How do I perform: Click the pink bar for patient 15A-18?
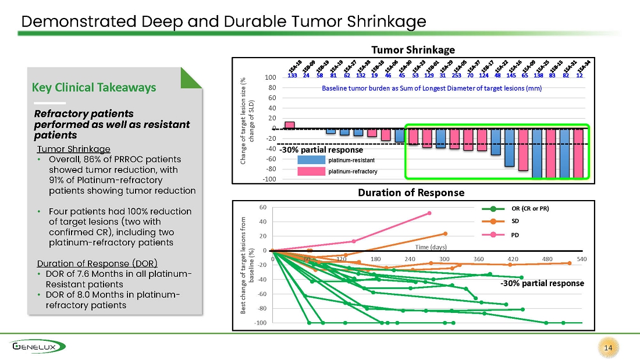pos(289,125)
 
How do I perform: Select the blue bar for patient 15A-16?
pos(510,147)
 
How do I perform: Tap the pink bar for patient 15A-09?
pos(523,149)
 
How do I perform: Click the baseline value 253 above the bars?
pos(456,75)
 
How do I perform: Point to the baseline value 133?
pos(292,75)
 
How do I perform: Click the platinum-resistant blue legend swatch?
pos(311,160)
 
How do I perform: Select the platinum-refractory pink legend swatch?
pos(311,172)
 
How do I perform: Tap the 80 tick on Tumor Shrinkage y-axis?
pos(272,87)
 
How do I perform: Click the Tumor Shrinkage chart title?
pos(413,50)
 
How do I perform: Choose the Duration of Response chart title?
pos(411,193)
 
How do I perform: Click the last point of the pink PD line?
pos(429,213)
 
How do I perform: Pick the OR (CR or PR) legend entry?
pos(515,209)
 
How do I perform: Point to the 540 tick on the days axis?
pos(582,259)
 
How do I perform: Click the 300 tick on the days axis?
pos(444,259)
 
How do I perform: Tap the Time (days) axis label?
pos(431,247)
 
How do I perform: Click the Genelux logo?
pos(38,347)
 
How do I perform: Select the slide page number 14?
pos(608,348)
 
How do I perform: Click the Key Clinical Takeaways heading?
pos(94,87)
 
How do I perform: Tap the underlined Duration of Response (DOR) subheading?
pos(97,263)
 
